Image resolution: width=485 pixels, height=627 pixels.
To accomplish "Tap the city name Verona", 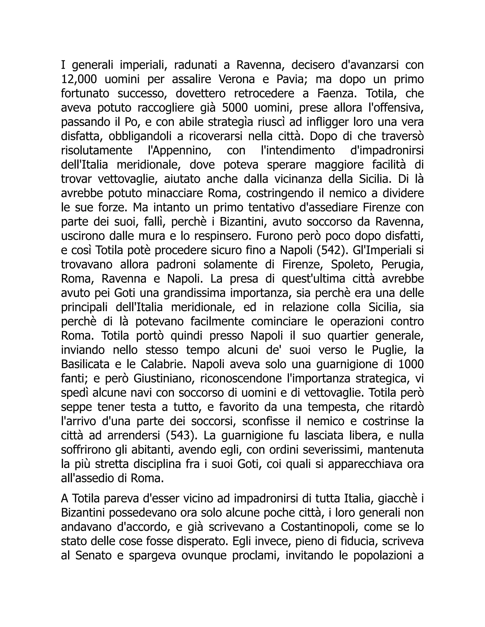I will pos(237,79).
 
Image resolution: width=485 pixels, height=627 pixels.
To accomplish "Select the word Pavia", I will pos(292,79).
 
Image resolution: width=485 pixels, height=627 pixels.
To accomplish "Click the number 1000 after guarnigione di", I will pos(411,364).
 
